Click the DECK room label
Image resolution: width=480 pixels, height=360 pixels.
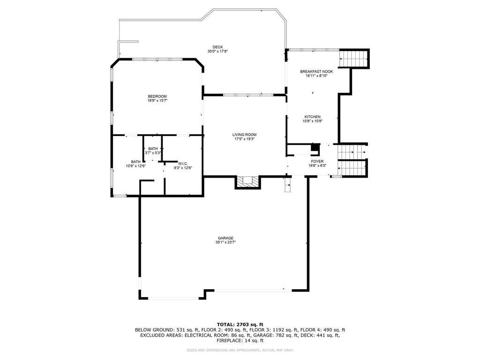click(217, 47)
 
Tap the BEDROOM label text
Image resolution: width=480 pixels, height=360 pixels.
click(157, 97)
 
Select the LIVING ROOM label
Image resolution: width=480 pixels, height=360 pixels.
click(244, 135)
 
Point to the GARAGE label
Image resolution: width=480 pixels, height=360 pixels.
click(225, 238)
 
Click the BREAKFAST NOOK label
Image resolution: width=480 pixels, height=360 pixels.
click(316, 72)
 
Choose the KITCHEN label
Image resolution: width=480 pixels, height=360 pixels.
click(313, 117)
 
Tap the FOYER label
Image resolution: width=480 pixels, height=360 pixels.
click(317, 162)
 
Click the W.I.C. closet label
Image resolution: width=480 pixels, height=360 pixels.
click(183, 164)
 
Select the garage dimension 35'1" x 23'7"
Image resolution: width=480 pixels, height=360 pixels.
click(225, 242)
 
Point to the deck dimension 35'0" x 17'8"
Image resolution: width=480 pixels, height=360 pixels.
click(217, 52)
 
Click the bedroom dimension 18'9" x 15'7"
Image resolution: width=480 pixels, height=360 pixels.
click(157, 100)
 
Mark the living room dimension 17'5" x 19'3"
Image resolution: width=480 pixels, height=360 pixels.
click(244, 139)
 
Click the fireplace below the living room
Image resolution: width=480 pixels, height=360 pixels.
click(248, 182)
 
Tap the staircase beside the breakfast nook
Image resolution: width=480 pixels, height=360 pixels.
click(354, 58)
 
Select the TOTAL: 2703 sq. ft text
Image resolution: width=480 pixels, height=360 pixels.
click(240, 324)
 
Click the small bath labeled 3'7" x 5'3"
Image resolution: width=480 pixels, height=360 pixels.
click(153, 150)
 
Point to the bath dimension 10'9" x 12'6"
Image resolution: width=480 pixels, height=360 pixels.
click(135, 166)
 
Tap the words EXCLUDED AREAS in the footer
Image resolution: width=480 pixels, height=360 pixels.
click(160, 335)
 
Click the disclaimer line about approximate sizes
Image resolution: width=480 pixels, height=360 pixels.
click(240, 350)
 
